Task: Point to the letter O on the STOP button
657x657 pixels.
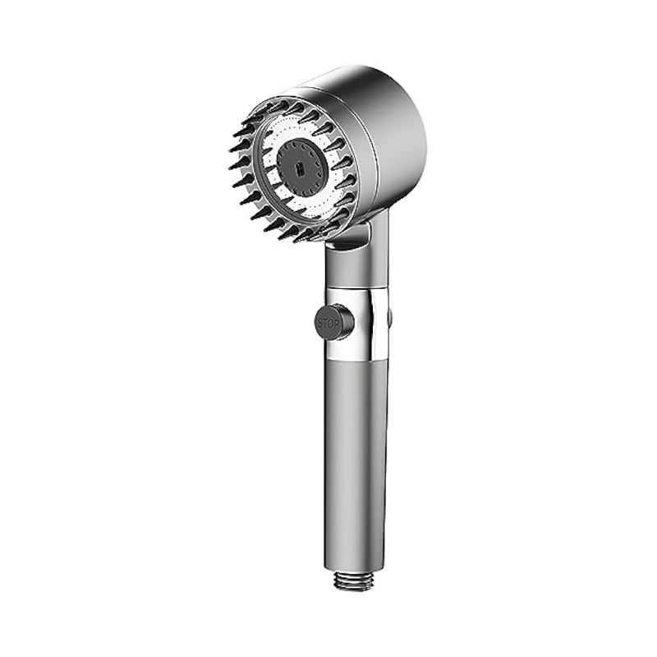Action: pos(332,324)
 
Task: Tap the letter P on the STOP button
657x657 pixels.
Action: pos(338,324)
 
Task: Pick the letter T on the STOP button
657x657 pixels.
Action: pos(326,324)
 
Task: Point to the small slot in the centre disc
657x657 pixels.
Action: pos(300,169)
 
